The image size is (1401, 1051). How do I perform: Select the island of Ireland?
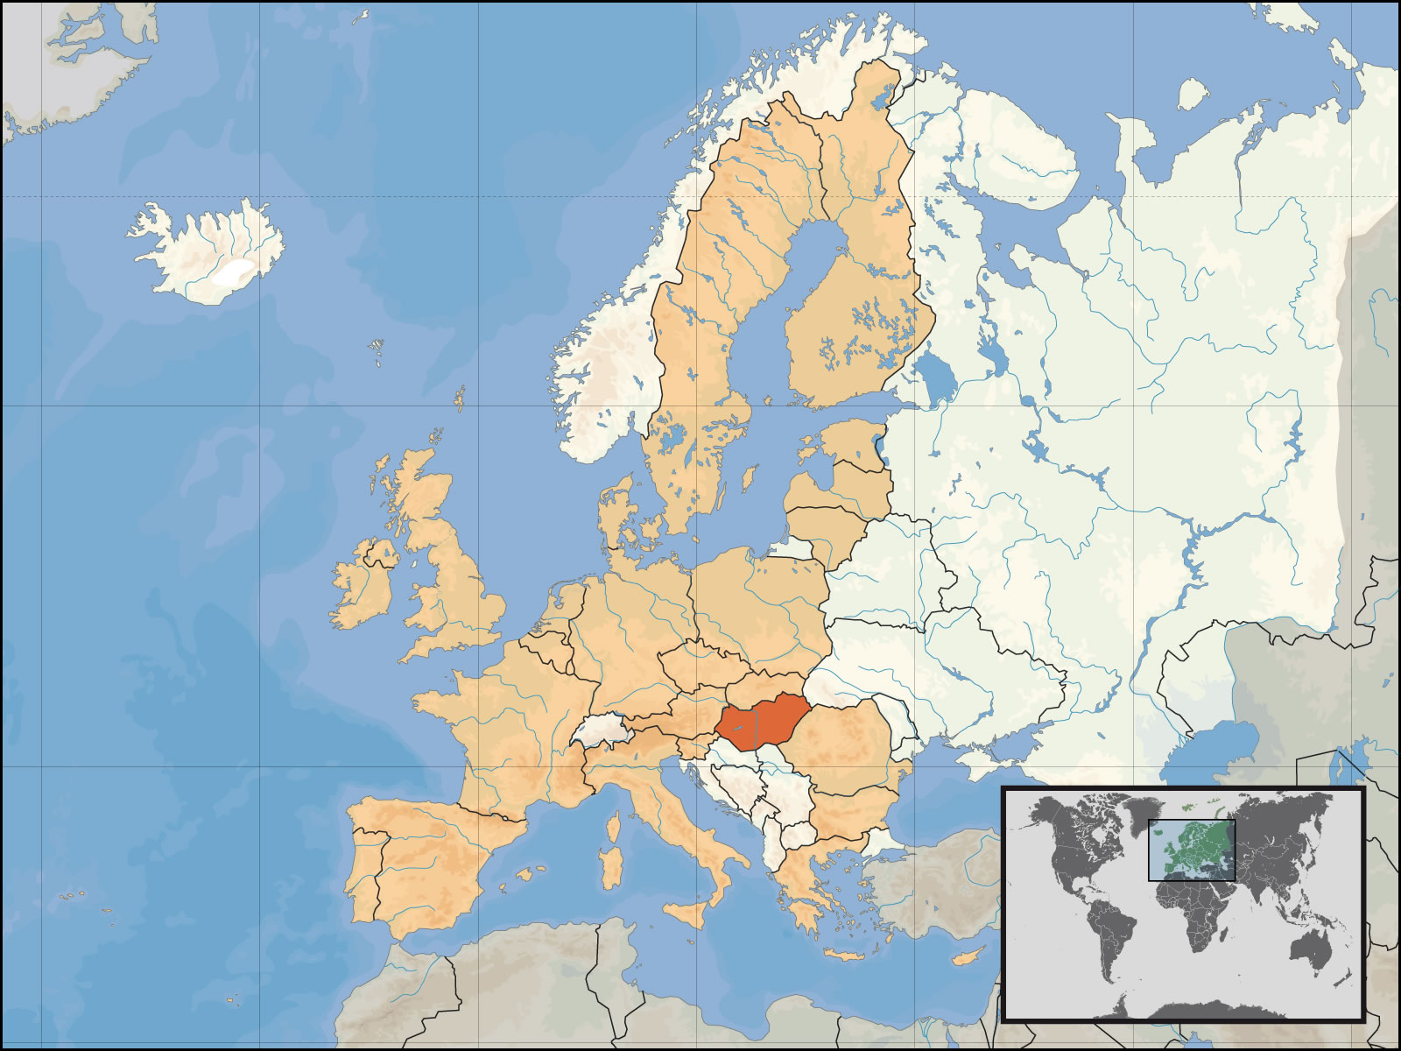click(361, 587)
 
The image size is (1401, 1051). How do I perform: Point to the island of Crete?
click(845, 955)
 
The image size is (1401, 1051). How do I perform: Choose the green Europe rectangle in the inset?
click(1191, 850)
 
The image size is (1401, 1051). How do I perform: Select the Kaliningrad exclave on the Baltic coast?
click(792, 548)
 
